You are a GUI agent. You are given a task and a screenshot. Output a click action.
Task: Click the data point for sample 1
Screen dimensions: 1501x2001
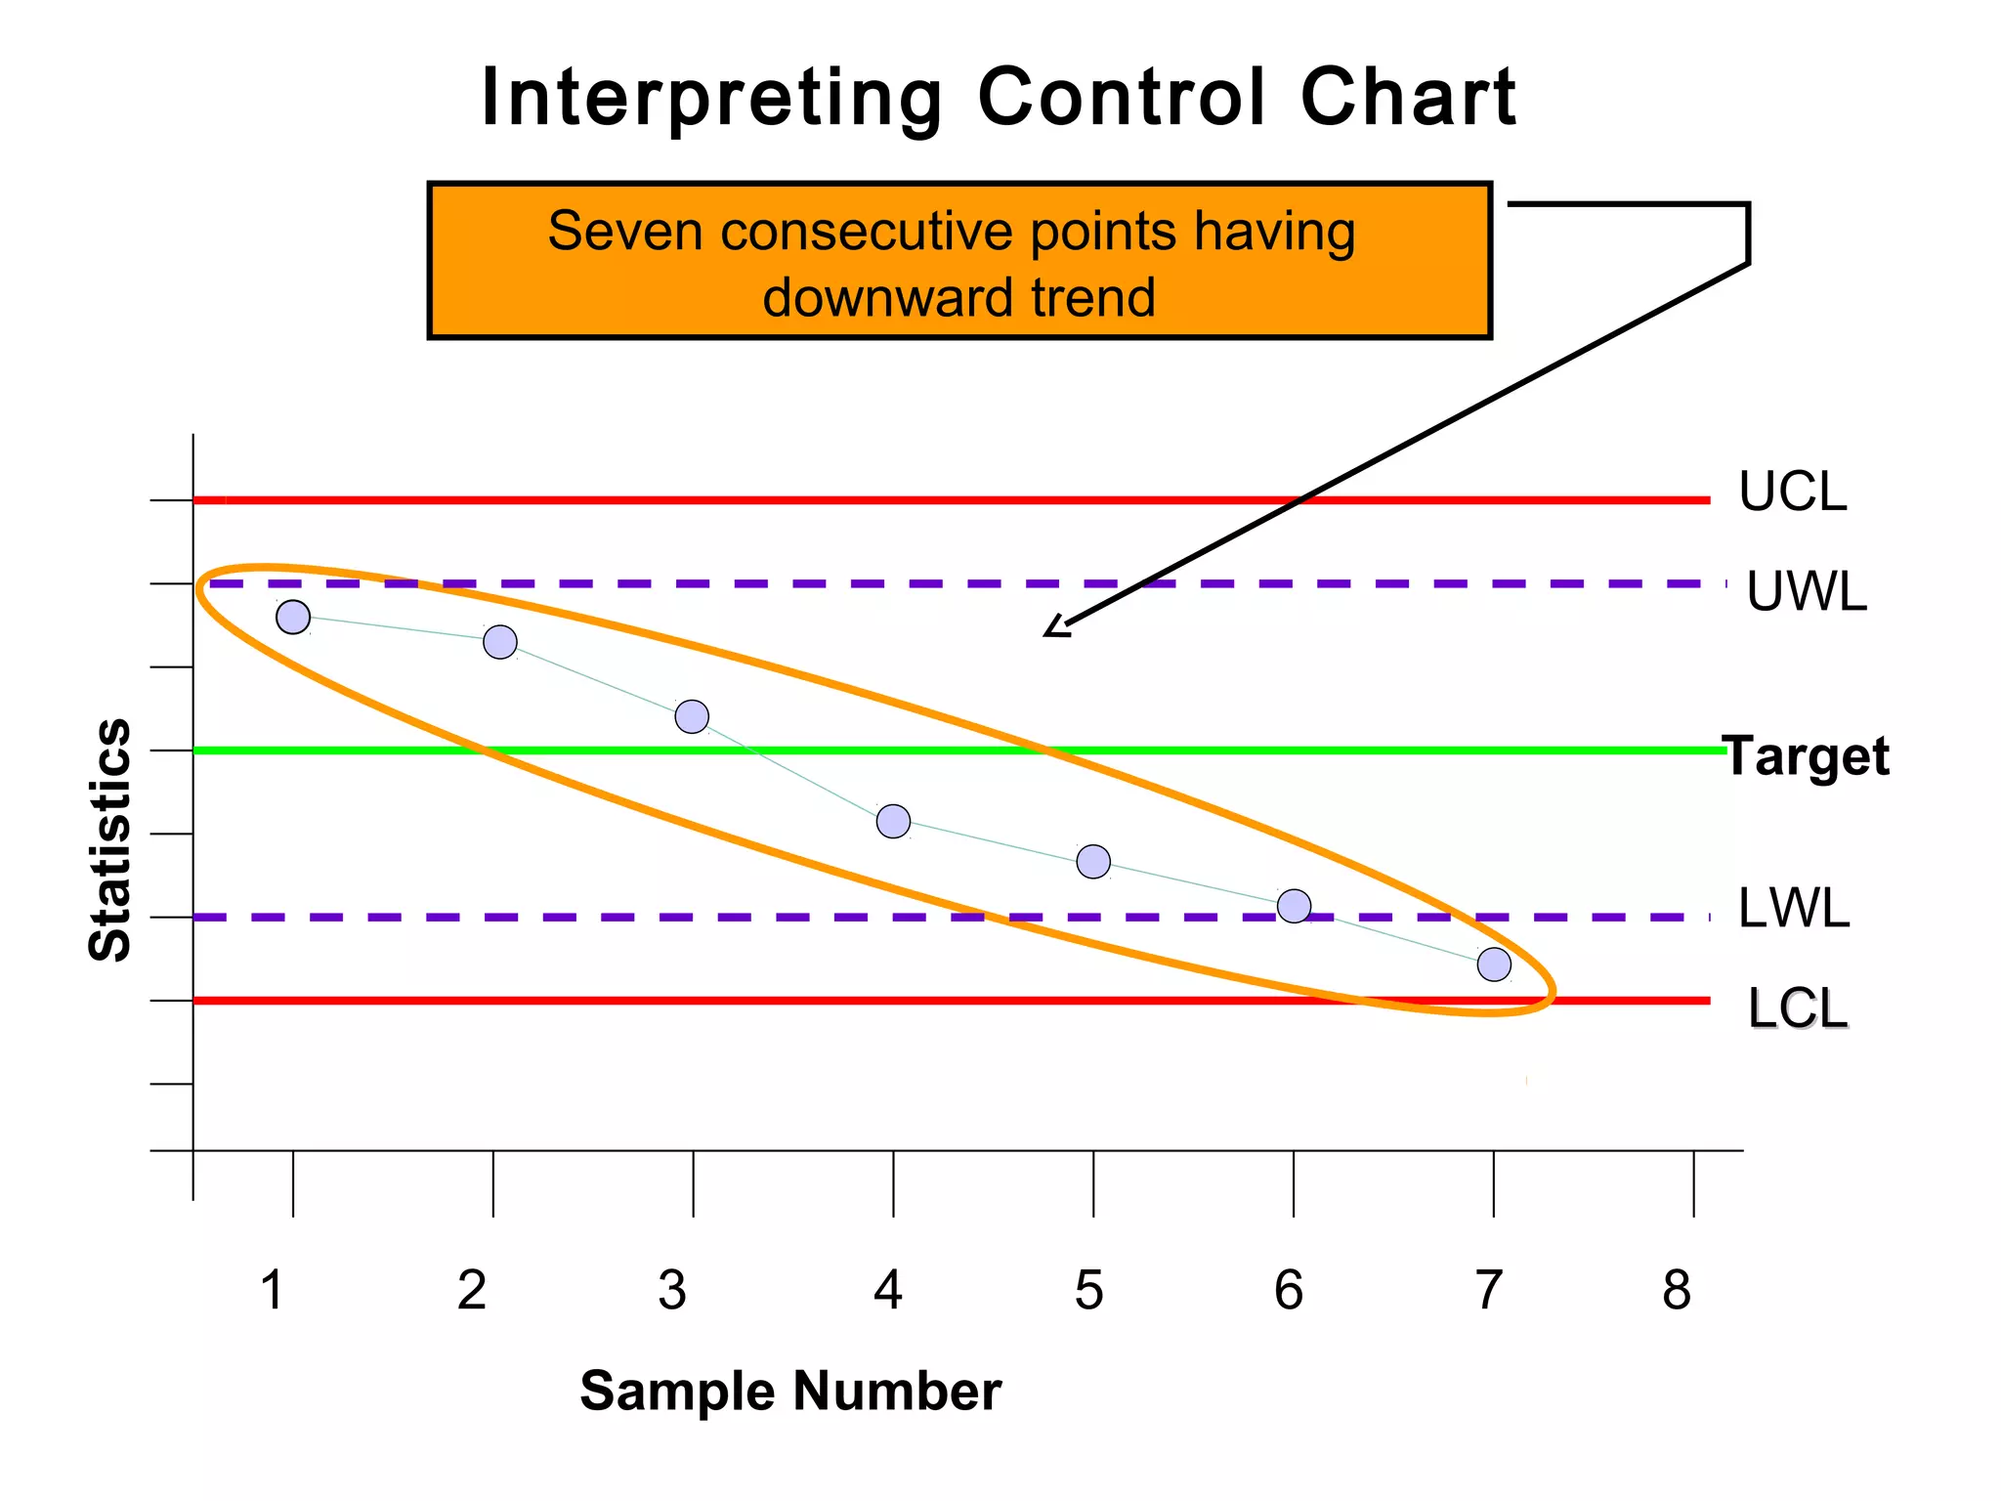(x=293, y=618)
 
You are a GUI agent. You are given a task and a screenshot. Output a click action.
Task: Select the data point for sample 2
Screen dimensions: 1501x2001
(x=500, y=642)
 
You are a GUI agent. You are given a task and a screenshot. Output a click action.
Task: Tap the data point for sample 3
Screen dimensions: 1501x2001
(x=692, y=716)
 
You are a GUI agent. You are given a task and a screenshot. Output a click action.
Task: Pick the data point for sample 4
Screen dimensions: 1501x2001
(x=893, y=821)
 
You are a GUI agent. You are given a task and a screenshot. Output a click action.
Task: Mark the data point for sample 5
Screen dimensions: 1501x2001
(x=1093, y=861)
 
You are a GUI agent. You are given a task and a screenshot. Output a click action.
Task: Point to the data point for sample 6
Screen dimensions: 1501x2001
(x=1294, y=906)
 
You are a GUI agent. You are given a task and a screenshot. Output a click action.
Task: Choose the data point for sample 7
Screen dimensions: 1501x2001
(x=1494, y=965)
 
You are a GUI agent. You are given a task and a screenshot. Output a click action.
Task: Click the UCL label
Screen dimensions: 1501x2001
(x=1793, y=493)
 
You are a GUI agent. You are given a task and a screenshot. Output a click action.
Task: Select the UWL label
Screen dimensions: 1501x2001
(x=1807, y=592)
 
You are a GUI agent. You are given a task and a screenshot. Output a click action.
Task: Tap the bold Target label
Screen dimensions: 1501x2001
(x=1807, y=756)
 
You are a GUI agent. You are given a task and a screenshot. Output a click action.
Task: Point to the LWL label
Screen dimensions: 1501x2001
(x=1794, y=909)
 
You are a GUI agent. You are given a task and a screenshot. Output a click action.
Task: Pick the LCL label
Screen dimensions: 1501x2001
(x=1798, y=1009)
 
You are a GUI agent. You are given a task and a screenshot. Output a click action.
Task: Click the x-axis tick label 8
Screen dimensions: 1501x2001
(x=1677, y=1290)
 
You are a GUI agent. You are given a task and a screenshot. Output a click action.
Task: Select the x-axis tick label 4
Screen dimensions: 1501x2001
(x=887, y=1290)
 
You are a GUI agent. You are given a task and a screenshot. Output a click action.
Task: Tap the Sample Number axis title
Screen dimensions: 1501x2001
(x=790, y=1391)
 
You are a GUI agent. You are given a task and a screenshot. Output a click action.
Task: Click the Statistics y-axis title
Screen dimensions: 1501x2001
(x=110, y=840)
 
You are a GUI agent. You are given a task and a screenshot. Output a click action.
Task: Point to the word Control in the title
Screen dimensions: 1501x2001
(x=1122, y=97)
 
